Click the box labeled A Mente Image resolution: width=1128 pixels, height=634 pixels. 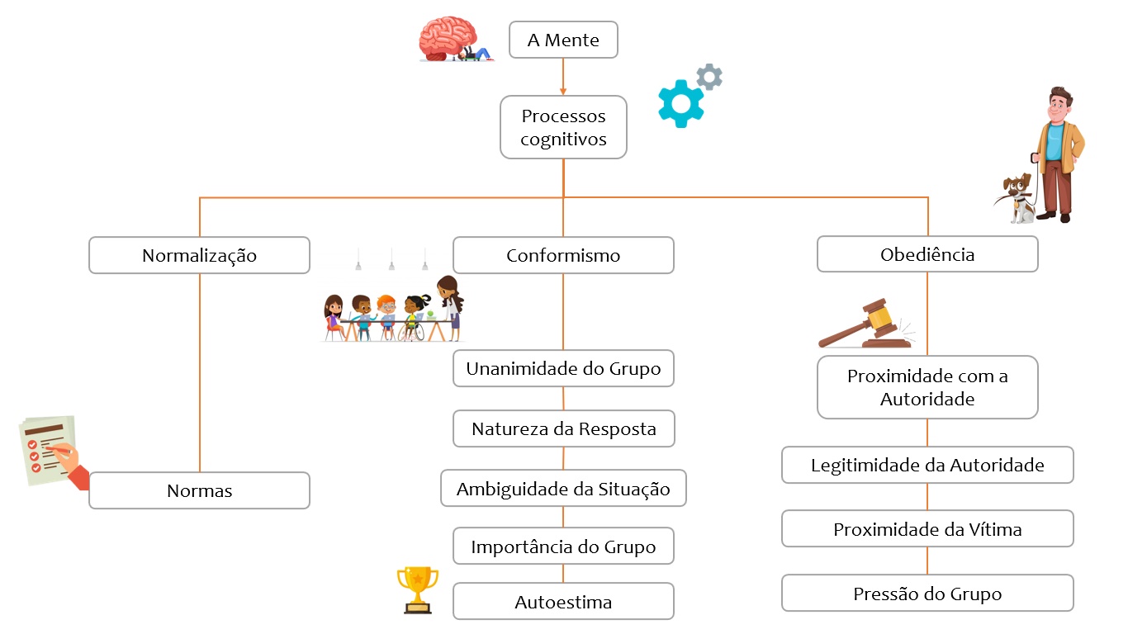click(x=563, y=40)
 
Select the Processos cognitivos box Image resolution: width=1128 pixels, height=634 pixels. click(x=563, y=127)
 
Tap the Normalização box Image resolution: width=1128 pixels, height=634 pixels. click(x=199, y=255)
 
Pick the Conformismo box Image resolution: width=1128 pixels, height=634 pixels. click(x=563, y=255)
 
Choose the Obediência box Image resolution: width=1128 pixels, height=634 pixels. click(x=927, y=254)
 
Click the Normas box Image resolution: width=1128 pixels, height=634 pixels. click(x=199, y=490)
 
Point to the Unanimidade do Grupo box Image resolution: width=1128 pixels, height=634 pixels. click(x=563, y=368)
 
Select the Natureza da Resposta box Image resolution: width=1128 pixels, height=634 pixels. click(x=563, y=428)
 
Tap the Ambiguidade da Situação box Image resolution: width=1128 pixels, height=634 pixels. click(x=563, y=489)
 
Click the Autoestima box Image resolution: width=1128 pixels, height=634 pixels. click(x=563, y=602)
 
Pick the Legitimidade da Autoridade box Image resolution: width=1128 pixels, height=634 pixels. click(x=927, y=465)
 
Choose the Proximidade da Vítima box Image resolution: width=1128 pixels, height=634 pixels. click(x=927, y=529)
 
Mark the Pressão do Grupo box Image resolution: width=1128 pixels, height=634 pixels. click(x=927, y=594)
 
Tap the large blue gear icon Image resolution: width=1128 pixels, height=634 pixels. click(x=680, y=103)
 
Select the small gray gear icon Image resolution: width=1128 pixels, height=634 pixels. click(x=709, y=77)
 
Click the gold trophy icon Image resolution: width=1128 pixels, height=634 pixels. click(x=417, y=588)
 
